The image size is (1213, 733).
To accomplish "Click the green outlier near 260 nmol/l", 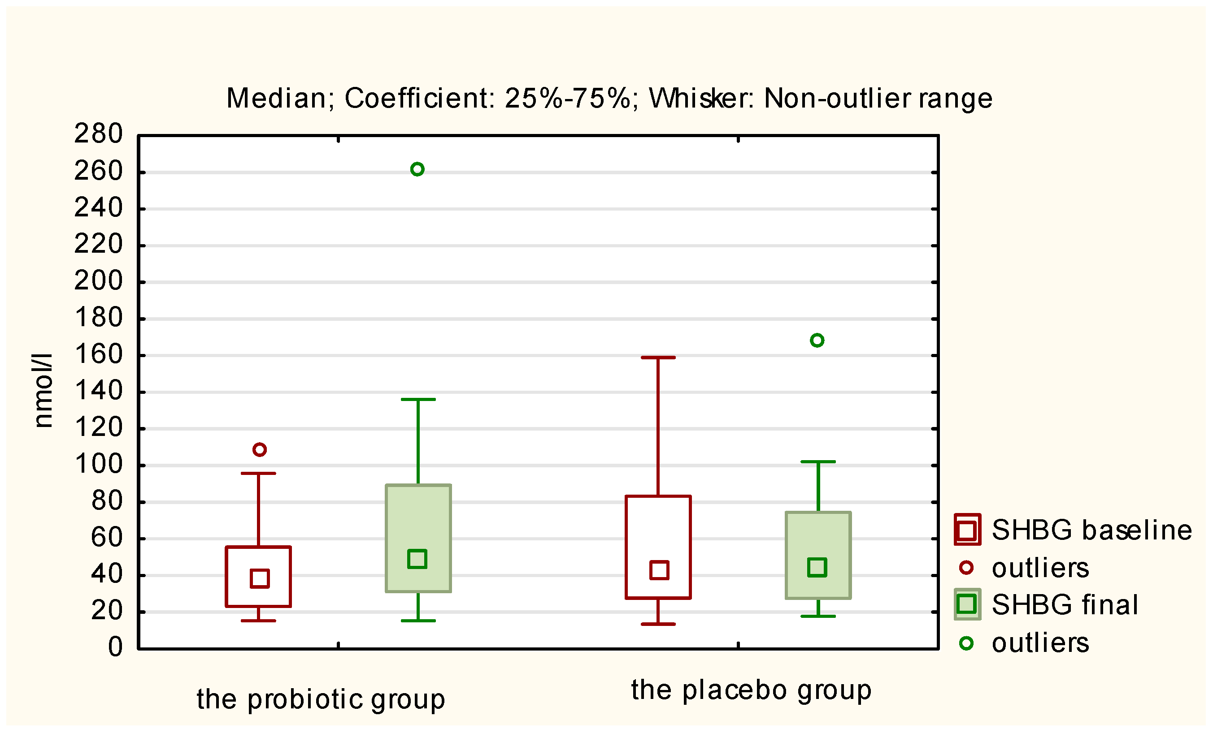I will (x=417, y=169).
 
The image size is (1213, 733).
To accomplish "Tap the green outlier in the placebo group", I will (x=817, y=340).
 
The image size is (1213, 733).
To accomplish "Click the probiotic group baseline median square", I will (x=260, y=578).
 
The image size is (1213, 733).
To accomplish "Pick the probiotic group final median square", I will (x=417, y=559).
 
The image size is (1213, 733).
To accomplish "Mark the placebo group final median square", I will (x=817, y=567).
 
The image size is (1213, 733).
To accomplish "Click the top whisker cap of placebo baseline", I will (x=658, y=358).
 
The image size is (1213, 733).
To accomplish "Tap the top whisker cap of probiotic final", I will (x=418, y=400).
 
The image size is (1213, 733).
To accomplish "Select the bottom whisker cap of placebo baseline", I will (x=658, y=624).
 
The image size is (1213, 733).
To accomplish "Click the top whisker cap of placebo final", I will (x=818, y=461).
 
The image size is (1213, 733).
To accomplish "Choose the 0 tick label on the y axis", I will (x=115, y=647).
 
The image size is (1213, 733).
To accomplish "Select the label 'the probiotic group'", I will (x=321, y=699).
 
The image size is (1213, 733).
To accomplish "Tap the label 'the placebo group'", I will (x=751, y=690).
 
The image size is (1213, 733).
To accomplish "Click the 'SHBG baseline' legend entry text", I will (x=1091, y=530).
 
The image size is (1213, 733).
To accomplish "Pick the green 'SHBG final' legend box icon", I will (x=967, y=604).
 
